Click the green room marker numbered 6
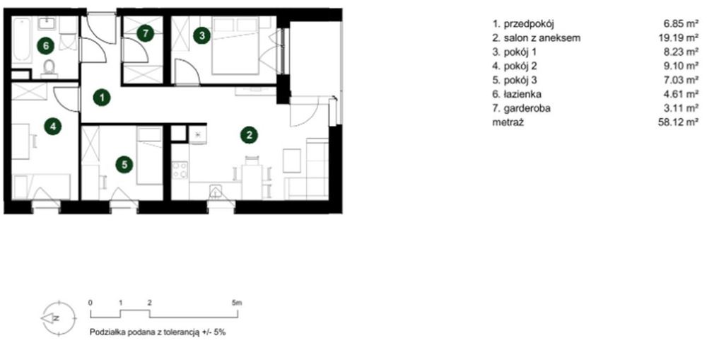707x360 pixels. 46,45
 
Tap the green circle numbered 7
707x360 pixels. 145,33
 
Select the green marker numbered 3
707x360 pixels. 202,35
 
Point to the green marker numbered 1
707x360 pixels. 102,98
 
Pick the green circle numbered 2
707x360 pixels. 249,134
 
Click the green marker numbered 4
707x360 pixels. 53,127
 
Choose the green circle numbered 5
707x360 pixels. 124,165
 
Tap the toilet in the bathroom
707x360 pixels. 49,68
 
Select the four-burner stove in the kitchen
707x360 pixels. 180,170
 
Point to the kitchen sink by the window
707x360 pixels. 216,191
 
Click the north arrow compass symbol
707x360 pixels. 58,318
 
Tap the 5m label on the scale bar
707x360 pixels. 237,303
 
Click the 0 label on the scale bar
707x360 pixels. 90,303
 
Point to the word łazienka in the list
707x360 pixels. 522,94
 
